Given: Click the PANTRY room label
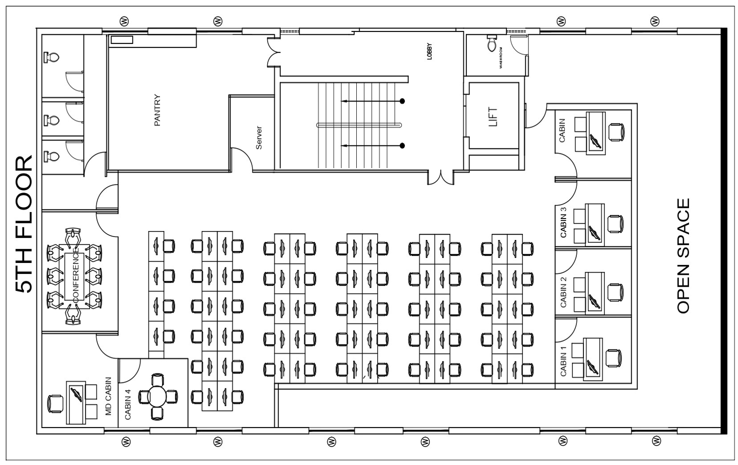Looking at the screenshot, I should pyautogui.click(x=157, y=110).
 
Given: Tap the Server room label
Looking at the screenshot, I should pyautogui.click(x=259, y=137).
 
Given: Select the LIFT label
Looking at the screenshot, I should pyautogui.click(x=493, y=116).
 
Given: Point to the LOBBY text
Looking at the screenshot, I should pyautogui.click(x=429, y=52).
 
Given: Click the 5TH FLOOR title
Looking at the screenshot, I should pyautogui.click(x=24, y=224).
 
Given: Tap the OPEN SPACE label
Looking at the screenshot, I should pyautogui.click(x=683, y=256).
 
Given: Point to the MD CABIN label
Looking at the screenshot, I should pyautogui.click(x=108, y=396).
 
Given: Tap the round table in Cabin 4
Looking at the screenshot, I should pyautogui.click(x=158, y=396).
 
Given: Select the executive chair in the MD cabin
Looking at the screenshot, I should pyautogui.click(x=55, y=403).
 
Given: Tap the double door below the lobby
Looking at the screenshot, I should pyautogui.click(x=441, y=177).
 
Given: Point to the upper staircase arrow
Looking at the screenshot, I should pyautogui.click(x=373, y=101).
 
